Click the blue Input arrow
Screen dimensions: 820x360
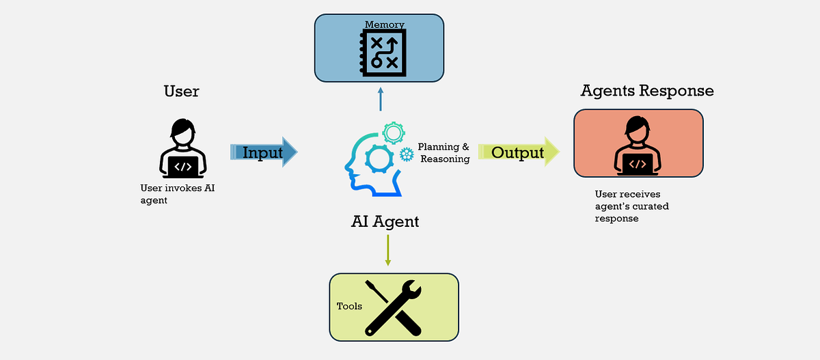coord(264,152)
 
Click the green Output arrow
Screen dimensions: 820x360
coord(519,152)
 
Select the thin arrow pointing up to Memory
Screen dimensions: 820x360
coord(381,99)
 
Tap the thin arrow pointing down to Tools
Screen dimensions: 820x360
coord(388,250)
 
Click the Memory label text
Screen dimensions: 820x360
coord(384,25)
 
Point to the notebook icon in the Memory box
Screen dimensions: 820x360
coord(383,53)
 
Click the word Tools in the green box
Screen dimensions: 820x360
coord(349,306)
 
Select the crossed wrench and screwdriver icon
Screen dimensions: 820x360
coord(393,308)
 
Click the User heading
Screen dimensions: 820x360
coord(182,91)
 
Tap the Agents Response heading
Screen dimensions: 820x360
coord(647,91)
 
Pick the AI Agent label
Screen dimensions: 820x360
coord(385,222)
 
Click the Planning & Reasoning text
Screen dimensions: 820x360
coord(443,152)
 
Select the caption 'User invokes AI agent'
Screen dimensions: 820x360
coord(178,194)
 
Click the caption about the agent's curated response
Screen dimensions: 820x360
coord(632,206)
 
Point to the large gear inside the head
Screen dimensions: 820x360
coord(379,158)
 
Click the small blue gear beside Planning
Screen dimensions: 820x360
coord(407,154)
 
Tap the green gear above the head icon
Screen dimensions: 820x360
coord(394,133)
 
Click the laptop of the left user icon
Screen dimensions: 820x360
coord(183,167)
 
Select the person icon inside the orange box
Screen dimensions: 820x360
coord(638,146)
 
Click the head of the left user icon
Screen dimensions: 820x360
coord(183,132)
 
